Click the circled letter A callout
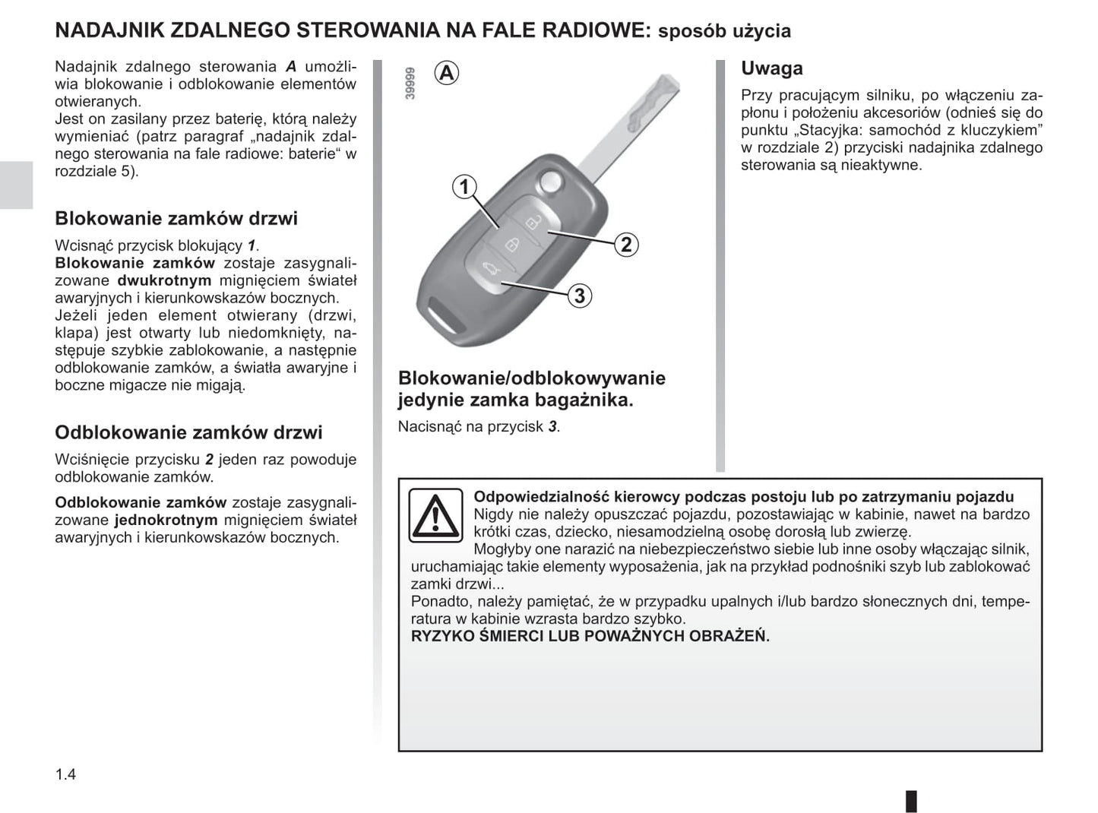(447, 73)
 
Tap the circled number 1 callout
(464, 186)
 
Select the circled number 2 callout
(626, 244)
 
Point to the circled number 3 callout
(580, 296)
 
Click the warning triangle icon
(435, 515)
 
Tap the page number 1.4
(65, 774)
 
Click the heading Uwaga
(771, 68)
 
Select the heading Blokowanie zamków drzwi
(176, 219)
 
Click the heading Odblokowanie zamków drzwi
(188, 433)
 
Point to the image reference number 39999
(410, 84)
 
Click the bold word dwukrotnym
(164, 280)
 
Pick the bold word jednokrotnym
(166, 520)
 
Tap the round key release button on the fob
(549, 181)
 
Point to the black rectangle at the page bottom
(911, 801)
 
